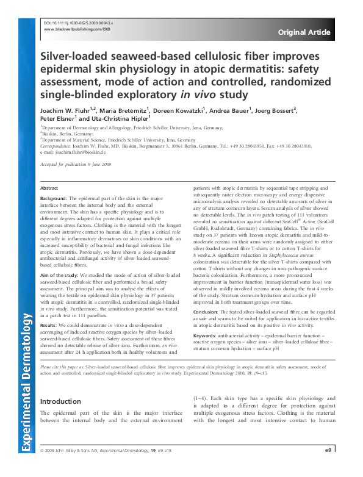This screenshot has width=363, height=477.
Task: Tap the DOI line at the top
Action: tap(79, 21)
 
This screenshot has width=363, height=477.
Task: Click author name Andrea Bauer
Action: tap(242, 111)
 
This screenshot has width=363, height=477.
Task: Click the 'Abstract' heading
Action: tap(49, 189)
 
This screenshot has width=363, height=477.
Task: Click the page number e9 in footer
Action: tap(328, 467)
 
